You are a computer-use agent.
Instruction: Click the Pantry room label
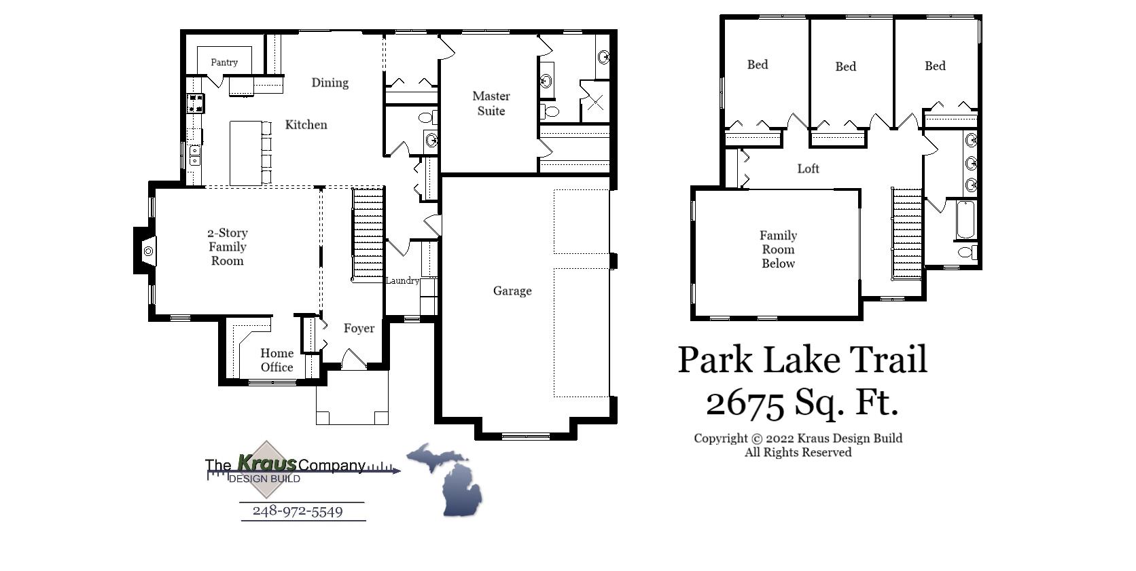pyautogui.click(x=224, y=62)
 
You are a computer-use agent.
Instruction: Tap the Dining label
pyautogui.click(x=330, y=83)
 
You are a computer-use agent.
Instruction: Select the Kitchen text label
pyautogui.click(x=306, y=125)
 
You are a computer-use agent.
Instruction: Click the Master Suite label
pyautogui.click(x=491, y=104)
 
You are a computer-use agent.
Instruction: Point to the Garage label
pyautogui.click(x=512, y=291)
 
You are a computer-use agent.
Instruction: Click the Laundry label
pyautogui.click(x=402, y=281)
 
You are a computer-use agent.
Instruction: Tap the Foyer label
pyautogui.click(x=359, y=329)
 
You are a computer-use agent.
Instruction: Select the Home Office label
pyautogui.click(x=277, y=361)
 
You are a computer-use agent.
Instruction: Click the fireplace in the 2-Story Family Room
pyautogui.click(x=146, y=251)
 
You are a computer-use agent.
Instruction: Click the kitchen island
pyautogui.click(x=245, y=153)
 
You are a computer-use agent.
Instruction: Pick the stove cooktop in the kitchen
pyautogui.click(x=196, y=103)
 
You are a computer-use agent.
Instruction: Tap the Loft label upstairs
pyautogui.click(x=808, y=169)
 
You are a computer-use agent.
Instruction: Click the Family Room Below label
pyautogui.click(x=778, y=250)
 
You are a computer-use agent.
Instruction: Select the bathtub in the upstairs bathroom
pyautogui.click(x=965, y=219)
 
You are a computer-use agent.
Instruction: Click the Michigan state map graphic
pyautogui.click(x=448, y=479)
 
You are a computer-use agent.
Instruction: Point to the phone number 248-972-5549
pyautogui.click(x=298, y=511)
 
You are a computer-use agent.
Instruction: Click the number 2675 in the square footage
pyautogui.click(x=745, y=403)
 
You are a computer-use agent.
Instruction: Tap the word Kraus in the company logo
pyautogui.click(x=266, y=464)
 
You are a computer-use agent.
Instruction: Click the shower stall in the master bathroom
pyautogui.click(x=594, y=102)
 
